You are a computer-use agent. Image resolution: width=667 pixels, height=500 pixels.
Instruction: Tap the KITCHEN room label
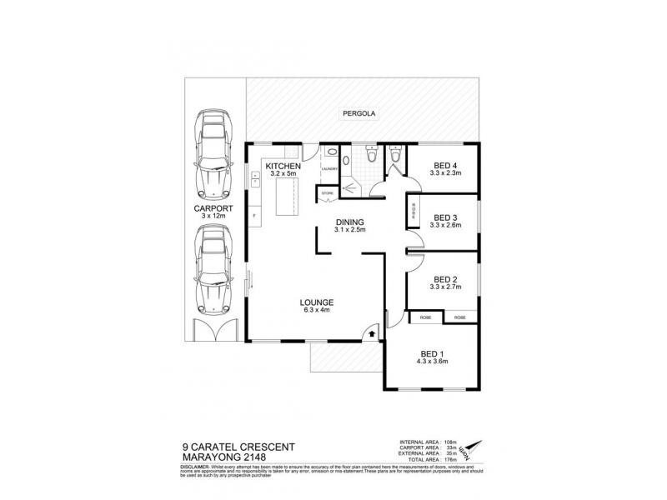pos(282,167)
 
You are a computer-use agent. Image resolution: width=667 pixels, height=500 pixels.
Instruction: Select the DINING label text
pos(349,222)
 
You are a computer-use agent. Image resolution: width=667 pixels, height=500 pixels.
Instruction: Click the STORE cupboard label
pos(327,193)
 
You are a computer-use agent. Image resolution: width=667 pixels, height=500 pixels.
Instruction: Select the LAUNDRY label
pos(331,167)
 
